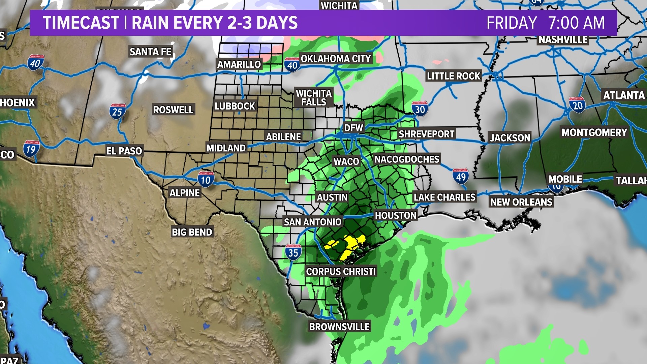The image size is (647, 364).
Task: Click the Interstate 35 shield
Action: [293, 252]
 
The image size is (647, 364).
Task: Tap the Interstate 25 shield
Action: [118, 111]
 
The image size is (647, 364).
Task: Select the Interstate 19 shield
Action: [31, 149]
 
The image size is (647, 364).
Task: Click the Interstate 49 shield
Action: [461, 176]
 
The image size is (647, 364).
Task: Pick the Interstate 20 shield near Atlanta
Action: [577, 105]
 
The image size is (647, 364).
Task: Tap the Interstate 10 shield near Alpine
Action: [206, 179]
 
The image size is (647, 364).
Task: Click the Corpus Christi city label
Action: [341, 272]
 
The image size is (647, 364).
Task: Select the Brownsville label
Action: [339, 327]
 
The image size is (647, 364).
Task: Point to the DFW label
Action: [353, 128]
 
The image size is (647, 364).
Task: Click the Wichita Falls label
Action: [314, 98]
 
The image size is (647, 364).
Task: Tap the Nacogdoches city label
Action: [407, 159]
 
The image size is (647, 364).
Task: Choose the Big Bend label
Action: [192, 232]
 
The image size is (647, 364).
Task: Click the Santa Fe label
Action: [151, 52]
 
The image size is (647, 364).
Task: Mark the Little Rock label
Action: [453, 76]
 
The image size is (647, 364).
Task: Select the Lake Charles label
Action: [444, 198]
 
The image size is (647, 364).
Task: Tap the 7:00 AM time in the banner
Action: [577, 23]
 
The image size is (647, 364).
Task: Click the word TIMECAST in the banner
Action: [81, 23]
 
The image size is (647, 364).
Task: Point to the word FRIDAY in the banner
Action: [512, 23]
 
